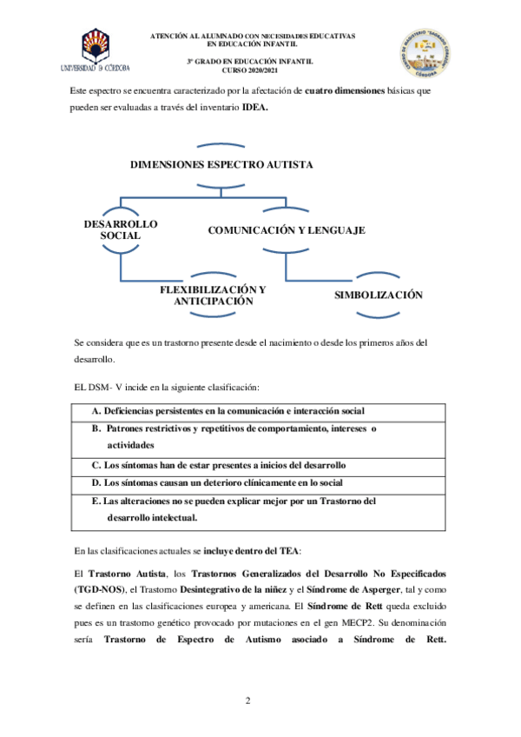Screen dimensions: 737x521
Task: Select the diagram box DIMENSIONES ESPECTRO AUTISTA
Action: (x=221, y=164)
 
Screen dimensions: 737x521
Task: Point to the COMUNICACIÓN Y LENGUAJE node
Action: (x=286, y=230)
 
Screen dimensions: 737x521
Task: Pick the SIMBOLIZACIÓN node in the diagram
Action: (x=379, y=295)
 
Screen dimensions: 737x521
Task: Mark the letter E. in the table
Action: (x=96, y=501)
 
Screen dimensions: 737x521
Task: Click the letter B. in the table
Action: (x=97, y=428)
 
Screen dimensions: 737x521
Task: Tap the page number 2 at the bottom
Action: (x=247, y=700)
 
